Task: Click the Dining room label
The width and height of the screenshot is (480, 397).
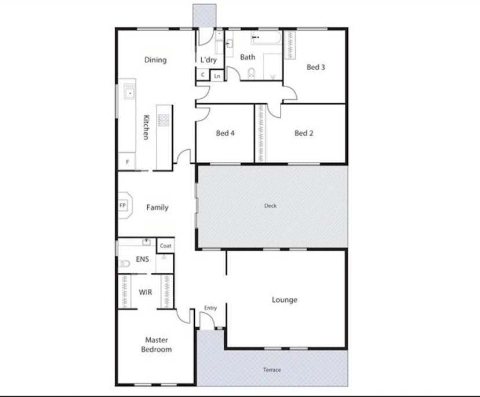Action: click(155, 60)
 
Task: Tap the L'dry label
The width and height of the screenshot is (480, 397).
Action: click(208, 60)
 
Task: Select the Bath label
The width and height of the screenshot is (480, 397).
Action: click(248, 57)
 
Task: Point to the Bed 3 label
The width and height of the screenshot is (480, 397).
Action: click(315, 67)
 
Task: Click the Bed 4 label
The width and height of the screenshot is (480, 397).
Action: click(225, 133)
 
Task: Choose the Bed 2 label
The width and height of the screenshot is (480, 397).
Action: click(304, 133)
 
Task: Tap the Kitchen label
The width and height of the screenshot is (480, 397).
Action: click(147, 126)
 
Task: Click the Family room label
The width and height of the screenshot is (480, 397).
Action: click(157, 207)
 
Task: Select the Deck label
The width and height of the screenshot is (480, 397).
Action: click(270, 205)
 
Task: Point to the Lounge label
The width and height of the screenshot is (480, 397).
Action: click(285, 300)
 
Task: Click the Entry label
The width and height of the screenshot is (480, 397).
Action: click(210, 308)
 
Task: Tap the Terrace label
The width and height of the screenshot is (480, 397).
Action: click(272, 370)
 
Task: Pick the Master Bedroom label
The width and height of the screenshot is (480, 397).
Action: click(157, 345)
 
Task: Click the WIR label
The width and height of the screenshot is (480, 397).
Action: click(146, 292)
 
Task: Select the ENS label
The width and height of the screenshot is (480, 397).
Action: click(143, 259)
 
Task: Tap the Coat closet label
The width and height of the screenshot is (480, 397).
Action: click(166, 246)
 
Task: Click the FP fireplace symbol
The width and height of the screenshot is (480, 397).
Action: click(123, 205)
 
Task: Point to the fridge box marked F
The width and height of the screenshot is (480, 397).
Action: click(127, 161)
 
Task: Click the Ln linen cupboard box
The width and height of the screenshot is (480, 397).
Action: click(217, 75)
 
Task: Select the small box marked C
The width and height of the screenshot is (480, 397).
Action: click(203, 75)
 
